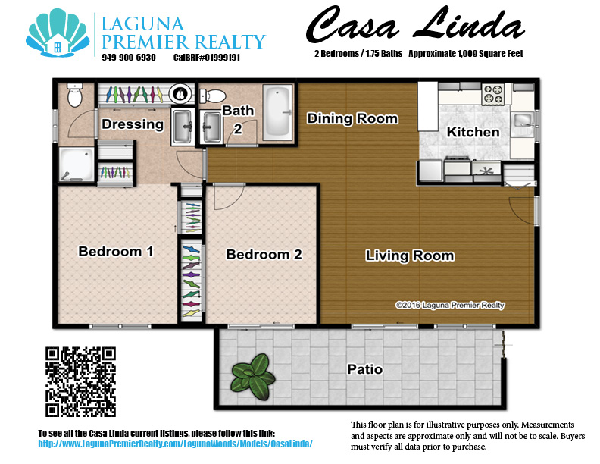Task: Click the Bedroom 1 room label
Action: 116,252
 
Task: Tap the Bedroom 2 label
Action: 264,254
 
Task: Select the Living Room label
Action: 410,256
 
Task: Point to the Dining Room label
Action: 352,119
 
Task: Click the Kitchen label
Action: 473,132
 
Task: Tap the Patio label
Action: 364,369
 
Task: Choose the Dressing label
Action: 133,124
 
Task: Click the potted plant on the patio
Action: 253,377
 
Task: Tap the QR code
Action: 80,381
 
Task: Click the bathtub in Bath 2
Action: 277,113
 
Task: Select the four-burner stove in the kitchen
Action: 492,94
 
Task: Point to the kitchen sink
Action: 522,121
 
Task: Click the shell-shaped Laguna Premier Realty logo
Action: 58,33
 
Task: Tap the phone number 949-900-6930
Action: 129,58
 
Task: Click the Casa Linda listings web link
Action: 175,444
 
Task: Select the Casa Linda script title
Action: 415,25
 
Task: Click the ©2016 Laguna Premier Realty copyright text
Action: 450,305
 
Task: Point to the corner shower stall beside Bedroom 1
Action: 77,165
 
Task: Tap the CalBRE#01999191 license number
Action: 207,58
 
